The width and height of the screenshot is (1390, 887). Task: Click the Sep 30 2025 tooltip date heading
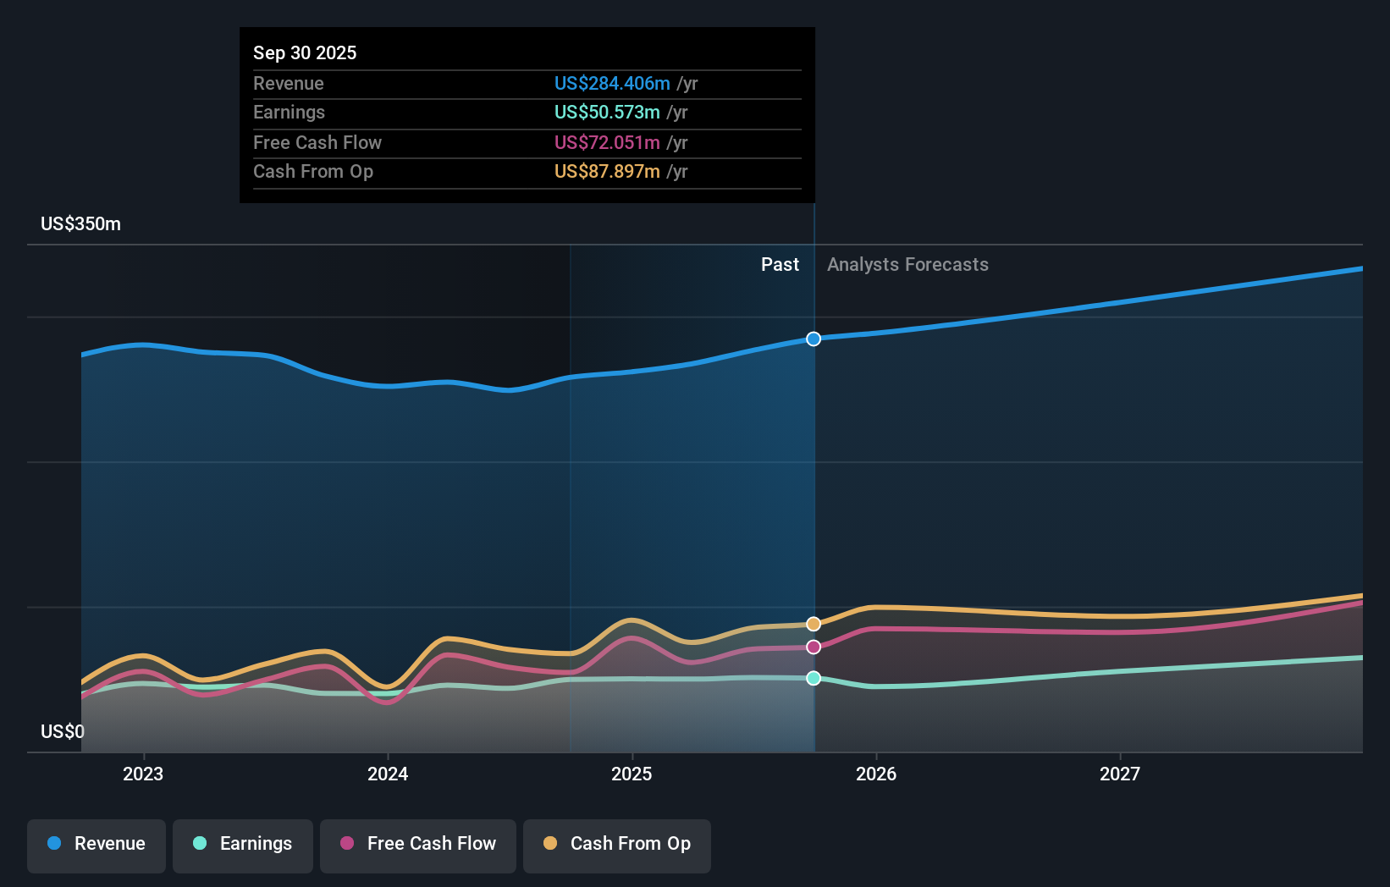305,52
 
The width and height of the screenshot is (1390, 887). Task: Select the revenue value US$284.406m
612,83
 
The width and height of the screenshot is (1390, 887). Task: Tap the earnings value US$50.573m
607,112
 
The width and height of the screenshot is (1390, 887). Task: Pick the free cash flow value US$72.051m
607,142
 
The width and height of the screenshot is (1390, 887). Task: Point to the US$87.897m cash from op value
607,171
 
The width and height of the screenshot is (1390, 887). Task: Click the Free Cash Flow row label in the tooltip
317,142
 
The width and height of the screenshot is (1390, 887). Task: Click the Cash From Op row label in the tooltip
313,171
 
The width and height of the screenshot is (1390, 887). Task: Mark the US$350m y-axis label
80,223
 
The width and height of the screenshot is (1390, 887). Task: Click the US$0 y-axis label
63,731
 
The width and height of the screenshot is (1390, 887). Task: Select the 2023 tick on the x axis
143,774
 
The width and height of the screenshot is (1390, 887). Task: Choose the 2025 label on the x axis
632,774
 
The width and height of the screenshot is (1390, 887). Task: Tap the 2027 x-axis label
1119,774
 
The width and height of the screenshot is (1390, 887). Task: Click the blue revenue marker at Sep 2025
814,339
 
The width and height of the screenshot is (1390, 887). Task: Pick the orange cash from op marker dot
814,624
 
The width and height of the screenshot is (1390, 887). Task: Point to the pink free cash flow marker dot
814,647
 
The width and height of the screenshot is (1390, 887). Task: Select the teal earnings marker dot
814,678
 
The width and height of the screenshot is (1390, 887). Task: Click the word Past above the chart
780,264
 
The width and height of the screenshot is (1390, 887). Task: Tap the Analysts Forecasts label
907,264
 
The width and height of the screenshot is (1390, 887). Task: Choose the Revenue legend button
97,844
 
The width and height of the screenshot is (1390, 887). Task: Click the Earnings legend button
243,844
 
